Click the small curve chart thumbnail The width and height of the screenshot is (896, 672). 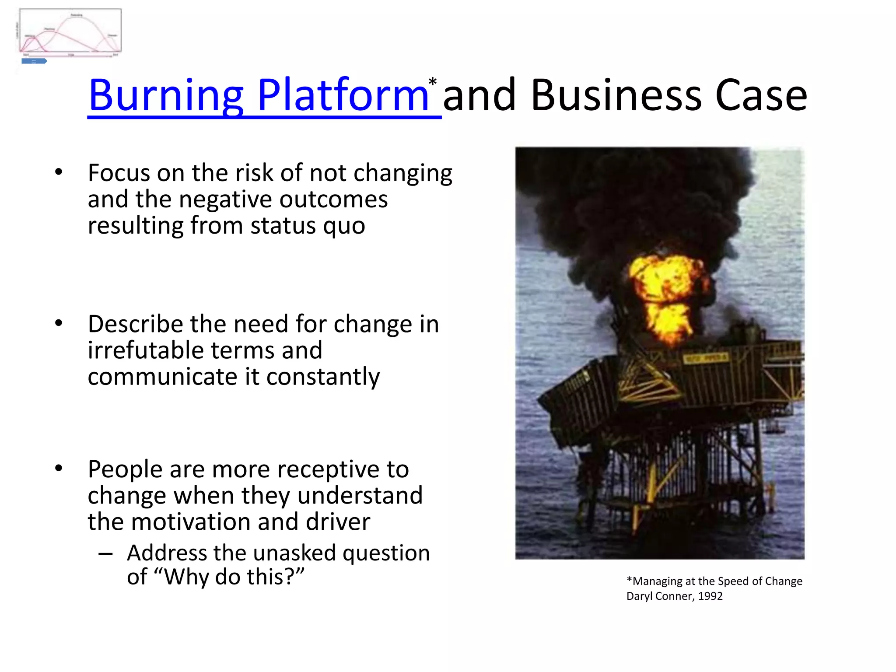pos(70,31)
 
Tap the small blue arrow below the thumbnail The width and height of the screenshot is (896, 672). pos(34,61)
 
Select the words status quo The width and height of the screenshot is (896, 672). pos(308,226)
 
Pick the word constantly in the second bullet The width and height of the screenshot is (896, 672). pos(323,377)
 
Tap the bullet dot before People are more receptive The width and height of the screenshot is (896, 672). pos(59,469)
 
